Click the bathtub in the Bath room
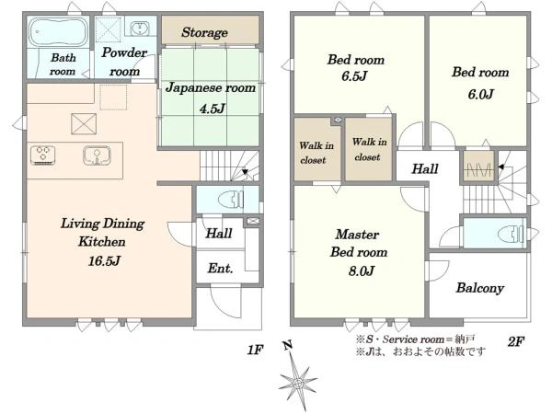click(58, 31)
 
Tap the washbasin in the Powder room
click(140, 28)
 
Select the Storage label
click(204, 32)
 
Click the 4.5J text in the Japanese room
click(212, 109)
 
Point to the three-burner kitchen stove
click(42, 155)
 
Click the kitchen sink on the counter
click(97, 155)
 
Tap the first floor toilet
click(231, 200)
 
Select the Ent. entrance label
click(221, 269)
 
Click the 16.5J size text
click(105, 261)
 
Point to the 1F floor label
click(255, 350)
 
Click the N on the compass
click(288, 345)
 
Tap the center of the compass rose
click(298, 383)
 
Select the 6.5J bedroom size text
click(354, 76)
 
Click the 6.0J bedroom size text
click(480, 94)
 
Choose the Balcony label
click(480, 288)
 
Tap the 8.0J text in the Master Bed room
click(362, 270)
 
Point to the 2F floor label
click(516, 341)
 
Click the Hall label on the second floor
click(425, 168)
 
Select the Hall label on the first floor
click(219, 233)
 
